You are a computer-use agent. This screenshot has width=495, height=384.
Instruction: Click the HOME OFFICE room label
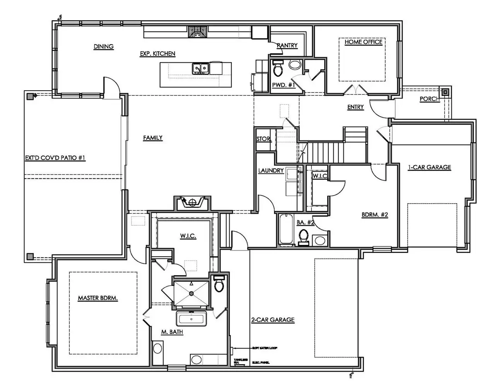coord(363,42)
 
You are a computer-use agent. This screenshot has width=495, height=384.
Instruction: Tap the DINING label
coord(104,46)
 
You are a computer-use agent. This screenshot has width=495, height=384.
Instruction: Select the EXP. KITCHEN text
coord(157,54)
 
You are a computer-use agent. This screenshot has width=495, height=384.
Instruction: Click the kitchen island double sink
coord(201,69)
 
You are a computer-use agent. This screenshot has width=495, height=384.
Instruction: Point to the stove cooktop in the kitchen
coord(198,32)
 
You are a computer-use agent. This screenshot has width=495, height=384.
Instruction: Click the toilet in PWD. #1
coord(278,69)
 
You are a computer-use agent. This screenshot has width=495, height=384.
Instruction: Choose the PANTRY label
coord(287,45)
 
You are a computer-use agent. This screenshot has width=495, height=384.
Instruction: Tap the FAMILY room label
coord(153,138)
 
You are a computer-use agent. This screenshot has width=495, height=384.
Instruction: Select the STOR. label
coord(264,139)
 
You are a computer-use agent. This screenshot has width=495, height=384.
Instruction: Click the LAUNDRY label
coord(271,170)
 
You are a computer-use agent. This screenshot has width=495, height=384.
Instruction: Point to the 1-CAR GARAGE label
coord(429,167)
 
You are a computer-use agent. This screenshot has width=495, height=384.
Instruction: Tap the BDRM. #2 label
coord(375,215)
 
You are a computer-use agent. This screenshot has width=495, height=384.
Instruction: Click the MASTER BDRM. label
coord(98,298)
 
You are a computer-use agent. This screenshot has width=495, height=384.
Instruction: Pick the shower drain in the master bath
coord(191,293)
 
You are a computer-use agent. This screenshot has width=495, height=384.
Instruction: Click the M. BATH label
coord(172,332)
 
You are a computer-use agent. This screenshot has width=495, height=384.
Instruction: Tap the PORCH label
coord(430,99)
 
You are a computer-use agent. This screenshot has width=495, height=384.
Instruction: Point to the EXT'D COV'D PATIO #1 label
coord(55,158)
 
